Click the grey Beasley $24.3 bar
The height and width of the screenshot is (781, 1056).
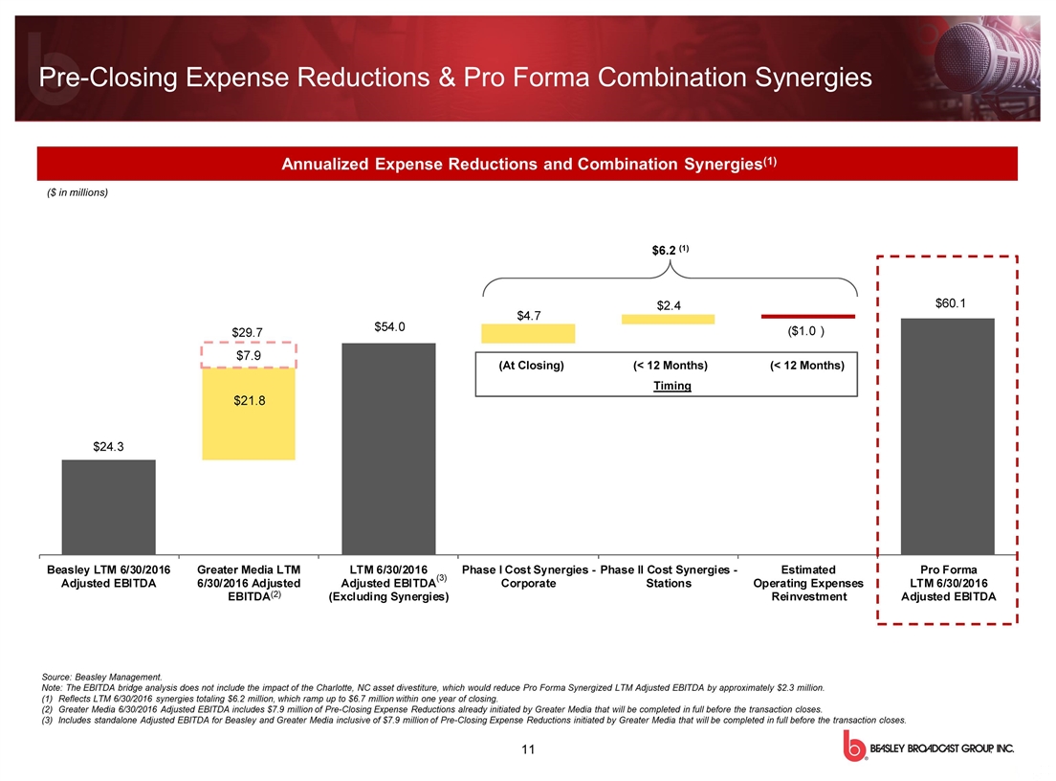[108, 505]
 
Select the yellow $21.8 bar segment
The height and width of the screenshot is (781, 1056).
[249, 413]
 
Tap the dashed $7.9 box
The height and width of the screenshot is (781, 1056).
[249, 356]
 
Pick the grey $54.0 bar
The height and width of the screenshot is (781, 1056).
[388, 447]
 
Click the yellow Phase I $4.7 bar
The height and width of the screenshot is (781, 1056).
[528, 333]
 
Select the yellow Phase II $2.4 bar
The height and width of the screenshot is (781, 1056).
[668, 319]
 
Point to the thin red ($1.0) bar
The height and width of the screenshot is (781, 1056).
[807, 315]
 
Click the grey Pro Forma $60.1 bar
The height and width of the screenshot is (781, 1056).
[947, 435]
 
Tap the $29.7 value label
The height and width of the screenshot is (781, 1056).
[249, 331]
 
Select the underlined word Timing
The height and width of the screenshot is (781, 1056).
[671, 386]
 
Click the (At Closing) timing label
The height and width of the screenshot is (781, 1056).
[532, 366]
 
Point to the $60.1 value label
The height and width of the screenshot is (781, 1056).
[950, 303]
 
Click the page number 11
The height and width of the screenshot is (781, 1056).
[527, 748]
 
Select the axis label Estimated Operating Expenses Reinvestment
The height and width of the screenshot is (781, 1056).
[808, 583]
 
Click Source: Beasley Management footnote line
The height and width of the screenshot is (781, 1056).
[102, 678]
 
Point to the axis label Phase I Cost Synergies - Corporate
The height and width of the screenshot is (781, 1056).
[529, 576]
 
